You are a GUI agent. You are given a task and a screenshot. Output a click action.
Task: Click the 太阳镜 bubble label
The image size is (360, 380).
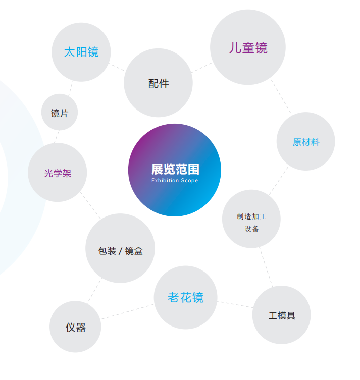tap(81, 52)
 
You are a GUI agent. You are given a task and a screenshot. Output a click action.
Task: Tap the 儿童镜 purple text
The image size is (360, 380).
tap(248, 48)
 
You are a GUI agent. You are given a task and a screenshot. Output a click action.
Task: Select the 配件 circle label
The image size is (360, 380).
tap(159, 84)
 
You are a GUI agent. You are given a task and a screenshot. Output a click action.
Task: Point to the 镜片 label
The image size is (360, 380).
tap(60, 113)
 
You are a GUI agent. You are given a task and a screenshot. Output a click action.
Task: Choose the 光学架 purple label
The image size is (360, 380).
tap(58, 174)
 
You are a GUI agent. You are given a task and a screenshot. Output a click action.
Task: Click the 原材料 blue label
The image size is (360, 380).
tap(306, 142)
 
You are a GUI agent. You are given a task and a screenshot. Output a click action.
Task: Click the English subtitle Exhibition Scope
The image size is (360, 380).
tap(175, 181)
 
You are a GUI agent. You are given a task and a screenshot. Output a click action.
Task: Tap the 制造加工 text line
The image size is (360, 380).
tap(251, 217)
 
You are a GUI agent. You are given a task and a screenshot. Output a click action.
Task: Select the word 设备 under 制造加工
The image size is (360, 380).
tap(251, 229)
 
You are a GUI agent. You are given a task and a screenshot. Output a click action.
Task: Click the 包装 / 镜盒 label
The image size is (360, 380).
tap(120, 251)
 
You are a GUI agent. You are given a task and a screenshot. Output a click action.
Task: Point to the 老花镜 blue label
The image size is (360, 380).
tap(185, 298)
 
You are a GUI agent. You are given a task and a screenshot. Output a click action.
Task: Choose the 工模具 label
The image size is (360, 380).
tap(282, 316)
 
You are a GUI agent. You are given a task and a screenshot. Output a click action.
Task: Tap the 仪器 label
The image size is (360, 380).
tap(75, 328)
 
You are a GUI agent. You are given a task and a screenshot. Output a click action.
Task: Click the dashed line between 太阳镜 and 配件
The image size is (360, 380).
tap(117, 67)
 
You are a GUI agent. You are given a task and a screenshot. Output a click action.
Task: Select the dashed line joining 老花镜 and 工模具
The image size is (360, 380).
tap(235, 304)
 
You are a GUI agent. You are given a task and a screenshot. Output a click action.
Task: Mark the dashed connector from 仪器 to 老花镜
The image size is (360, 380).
tap(127, 311)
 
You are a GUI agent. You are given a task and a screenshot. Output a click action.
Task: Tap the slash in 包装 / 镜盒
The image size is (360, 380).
tap(120, 251)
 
